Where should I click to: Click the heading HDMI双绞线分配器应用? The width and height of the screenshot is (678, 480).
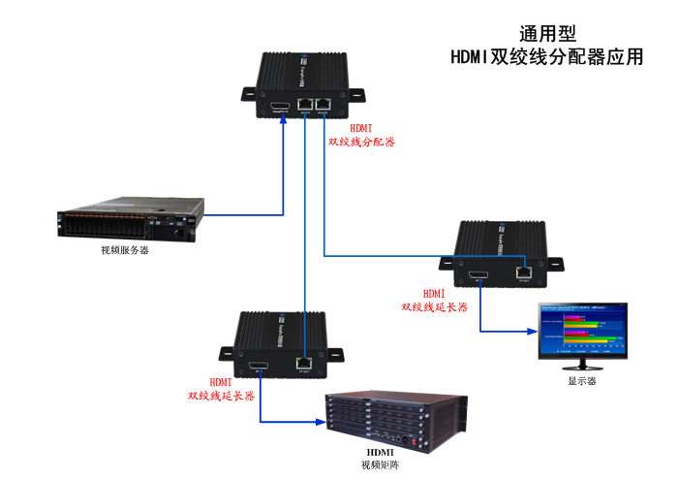546,57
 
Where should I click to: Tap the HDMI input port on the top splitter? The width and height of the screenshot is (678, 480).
281,105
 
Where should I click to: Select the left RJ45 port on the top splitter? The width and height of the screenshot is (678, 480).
305,104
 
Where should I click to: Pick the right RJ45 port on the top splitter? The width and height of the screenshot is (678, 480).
324,104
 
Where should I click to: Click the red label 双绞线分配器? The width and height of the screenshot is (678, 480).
361,142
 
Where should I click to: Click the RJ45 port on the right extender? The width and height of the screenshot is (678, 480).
524,272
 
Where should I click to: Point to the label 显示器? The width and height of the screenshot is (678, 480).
582,381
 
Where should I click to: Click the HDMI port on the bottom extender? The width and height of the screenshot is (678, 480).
258,368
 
